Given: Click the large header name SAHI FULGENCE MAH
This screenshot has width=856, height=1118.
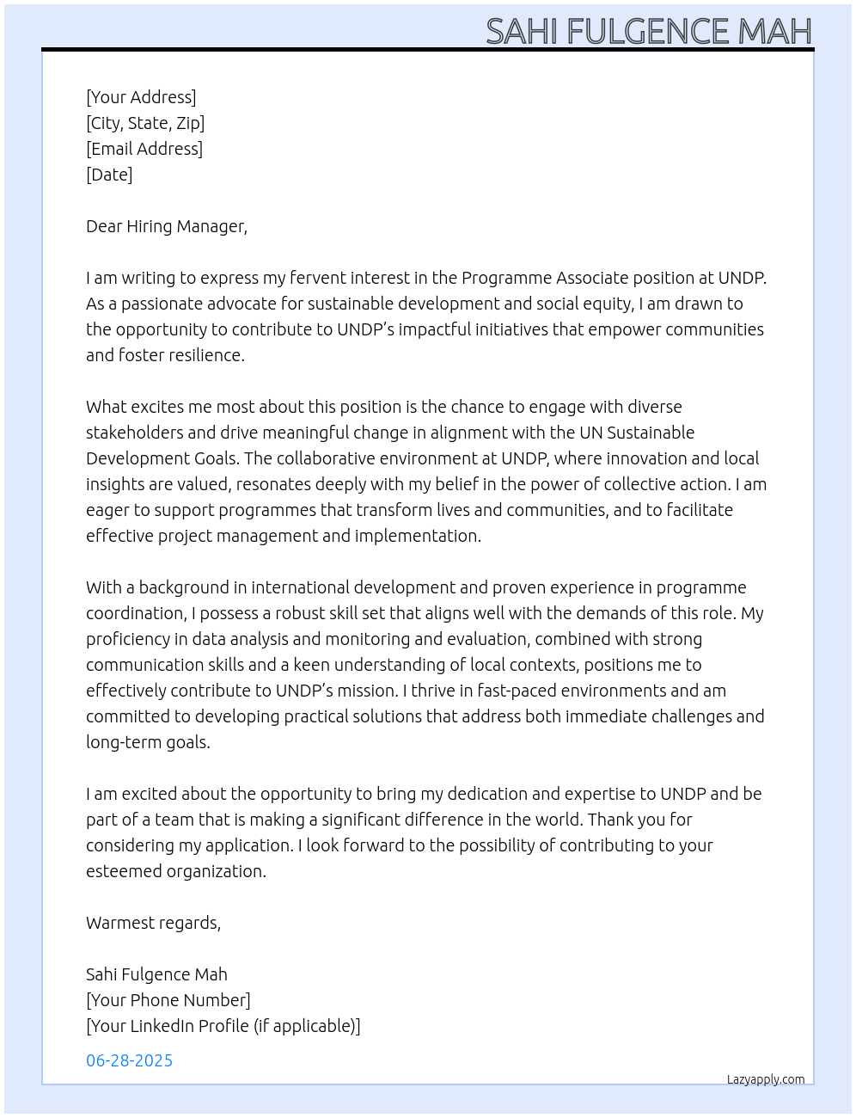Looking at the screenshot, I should (x=648, y=31).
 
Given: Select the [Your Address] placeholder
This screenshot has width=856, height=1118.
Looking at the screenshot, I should (x=141, y=97).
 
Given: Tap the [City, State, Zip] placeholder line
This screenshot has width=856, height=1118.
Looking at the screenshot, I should (x=145, y=123).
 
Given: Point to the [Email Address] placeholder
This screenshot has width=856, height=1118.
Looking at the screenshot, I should (x=144, y=149).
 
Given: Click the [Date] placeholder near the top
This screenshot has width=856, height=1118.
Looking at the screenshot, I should (x=109, y=175).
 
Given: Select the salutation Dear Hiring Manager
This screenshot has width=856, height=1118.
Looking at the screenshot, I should (x=166, y=226).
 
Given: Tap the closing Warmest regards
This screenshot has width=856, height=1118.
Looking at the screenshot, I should (x=153, y=923).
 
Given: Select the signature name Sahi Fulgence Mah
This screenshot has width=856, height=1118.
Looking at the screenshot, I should (x=156, y=974).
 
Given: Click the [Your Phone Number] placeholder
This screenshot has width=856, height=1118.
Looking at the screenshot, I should (x=168, y=1000).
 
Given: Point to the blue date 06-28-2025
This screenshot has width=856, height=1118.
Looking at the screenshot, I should (x=129, y=1060).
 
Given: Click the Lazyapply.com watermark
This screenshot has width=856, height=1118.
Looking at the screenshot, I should (x=766, y=1079).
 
